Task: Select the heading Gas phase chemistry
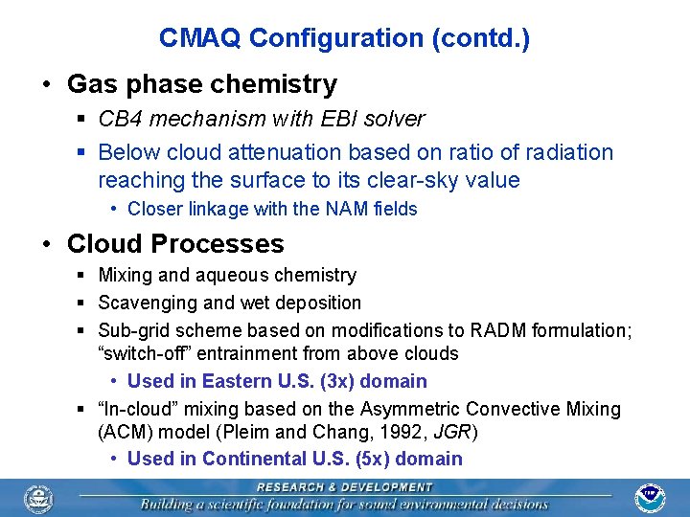[202, 84]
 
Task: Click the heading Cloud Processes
[175, 243]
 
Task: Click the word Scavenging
[144, 303]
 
